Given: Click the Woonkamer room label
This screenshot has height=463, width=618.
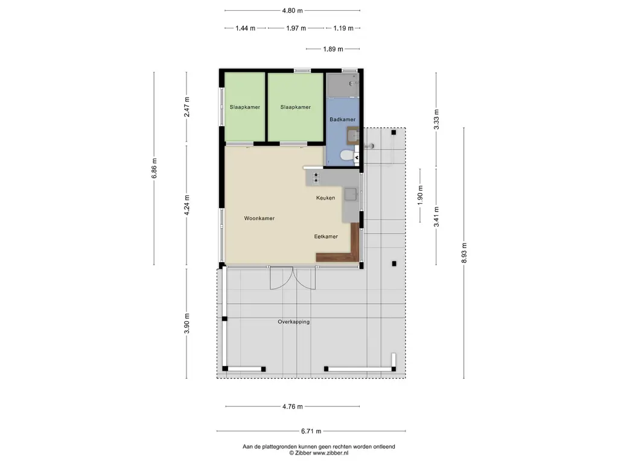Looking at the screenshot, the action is click(x=259, y=218).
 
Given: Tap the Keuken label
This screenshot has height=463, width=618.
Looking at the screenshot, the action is click(x=325, y=198).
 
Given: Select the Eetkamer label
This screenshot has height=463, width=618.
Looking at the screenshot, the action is click(x=326, y=236).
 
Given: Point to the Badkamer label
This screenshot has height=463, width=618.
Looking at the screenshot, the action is click(x=343, y=119).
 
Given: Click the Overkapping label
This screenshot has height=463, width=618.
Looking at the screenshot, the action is click(x=294, y=322).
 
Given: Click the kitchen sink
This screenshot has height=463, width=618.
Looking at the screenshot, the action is click(x=351, y=195).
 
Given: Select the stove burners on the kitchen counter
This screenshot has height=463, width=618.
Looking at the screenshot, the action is click(x=316, y=178).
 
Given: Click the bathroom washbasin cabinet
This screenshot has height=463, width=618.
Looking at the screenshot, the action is click(x=352, y=136).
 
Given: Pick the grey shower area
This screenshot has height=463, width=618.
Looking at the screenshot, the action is click(x=343, y=84).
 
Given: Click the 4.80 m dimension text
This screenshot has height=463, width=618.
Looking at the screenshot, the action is click(x=293, y=11).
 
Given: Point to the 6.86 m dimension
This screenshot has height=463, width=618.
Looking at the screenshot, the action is click(x=154, y=168).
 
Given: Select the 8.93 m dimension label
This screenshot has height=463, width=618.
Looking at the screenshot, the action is click(x=464, y=253).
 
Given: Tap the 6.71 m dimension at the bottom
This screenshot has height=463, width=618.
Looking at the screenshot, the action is click(x=311, y=431).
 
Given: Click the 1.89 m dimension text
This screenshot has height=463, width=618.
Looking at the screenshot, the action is click(x=333, y=49).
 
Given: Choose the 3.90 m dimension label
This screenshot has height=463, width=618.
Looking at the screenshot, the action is click(x=187, y=324).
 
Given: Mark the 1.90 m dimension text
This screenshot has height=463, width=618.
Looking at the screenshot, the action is click(x=420, y=195).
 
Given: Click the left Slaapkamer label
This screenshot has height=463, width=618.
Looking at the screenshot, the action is click(x=245, y=107).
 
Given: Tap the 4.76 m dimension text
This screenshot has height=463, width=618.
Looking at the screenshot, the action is click(x=293, y=406).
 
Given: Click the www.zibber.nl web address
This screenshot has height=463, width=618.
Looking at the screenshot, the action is click(x=330, y=453).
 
